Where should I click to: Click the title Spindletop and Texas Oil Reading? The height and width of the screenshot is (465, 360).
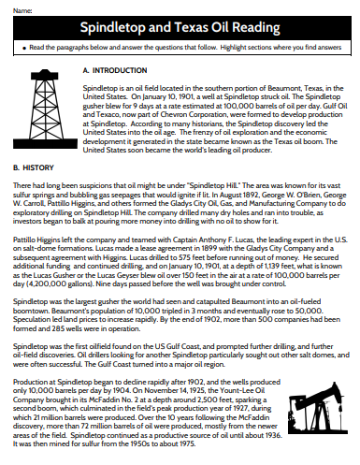coord(180,27)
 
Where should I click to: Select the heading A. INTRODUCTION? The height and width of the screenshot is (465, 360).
coord(115,70)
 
